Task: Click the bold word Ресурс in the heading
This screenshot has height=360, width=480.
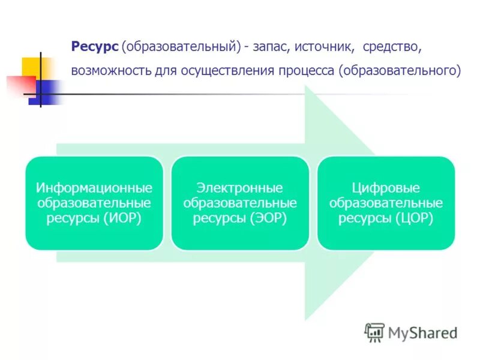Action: tap(94, 46)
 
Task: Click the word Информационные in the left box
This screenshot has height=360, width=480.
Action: tap(94, 189)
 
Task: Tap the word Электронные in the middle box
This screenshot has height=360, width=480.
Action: tap(240, 189)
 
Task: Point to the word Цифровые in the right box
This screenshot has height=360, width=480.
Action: tap(386, 189)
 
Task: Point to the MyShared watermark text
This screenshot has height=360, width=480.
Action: tap(423, 332)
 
